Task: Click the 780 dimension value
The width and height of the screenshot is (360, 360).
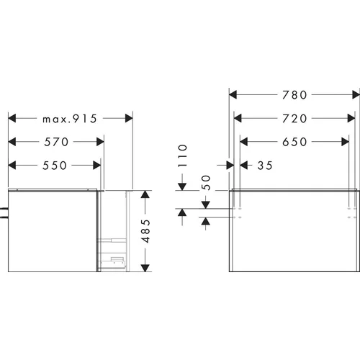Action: click(294, 95)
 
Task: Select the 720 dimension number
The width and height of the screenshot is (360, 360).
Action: click(294, 119)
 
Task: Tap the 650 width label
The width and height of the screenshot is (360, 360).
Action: click(294, 142)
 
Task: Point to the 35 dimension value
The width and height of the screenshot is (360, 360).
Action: click(265, 166)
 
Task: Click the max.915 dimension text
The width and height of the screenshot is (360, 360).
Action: click(70, 119)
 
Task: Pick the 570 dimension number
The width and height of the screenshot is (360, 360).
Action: click(56, 142)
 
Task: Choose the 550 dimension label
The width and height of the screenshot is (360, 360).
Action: click(55, 166)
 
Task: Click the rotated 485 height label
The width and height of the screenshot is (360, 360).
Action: click(145, 231)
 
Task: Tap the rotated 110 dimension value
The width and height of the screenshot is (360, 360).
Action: click(182, 156)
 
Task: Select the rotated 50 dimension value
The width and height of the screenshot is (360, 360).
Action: click(206, 183)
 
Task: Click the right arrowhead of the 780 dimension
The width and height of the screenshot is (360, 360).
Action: click(356, 95)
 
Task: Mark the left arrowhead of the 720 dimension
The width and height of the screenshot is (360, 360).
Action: click(238, 118)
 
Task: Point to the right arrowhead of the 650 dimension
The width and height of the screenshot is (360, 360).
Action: click(345, 142)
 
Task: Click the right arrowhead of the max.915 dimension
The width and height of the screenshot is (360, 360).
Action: click(129, 118)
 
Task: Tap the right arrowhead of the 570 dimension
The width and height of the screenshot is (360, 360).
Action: click(100, 142)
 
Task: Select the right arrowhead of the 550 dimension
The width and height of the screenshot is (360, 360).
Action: click(96, 165)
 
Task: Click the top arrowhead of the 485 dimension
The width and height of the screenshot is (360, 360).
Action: click(145, 194)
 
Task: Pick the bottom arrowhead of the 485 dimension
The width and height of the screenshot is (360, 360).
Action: click(145, 268)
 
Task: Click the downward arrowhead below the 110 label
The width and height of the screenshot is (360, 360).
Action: click(182, 186)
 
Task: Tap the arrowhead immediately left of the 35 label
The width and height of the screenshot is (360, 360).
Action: click(244, 165)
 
